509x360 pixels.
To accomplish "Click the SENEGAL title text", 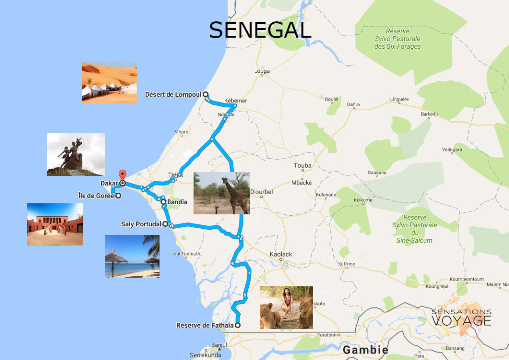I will click(x=260, y=30).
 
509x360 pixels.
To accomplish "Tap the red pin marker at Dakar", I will click(x=122, y=176).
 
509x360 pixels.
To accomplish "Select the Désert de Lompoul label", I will click(x=173, y=94).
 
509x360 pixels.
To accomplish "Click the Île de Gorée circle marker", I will click(x=118, y=196).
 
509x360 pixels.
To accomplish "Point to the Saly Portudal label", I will click(x=141, y=224).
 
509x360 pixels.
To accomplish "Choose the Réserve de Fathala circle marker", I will click(x=238, y=325).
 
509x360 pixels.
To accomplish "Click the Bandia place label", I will click(x=177, y=202).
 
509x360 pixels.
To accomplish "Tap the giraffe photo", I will click(x=221, y=193).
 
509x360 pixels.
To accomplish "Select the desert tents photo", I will click(x=109, y=83).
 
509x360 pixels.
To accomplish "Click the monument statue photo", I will click(x=76, y=154).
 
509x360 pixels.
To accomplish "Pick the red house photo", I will click(x=55, y=224).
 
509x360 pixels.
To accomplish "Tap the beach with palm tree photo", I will click(x=132, y=256).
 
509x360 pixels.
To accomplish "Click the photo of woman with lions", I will click(x=286, y=307).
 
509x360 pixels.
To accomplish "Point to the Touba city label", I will click(x=303, y=166).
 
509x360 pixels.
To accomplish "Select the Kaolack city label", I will click(x=281, y=254).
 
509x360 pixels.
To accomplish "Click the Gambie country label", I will click(x=365, y=350).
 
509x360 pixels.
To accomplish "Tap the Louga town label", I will click(x=262, y=71).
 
